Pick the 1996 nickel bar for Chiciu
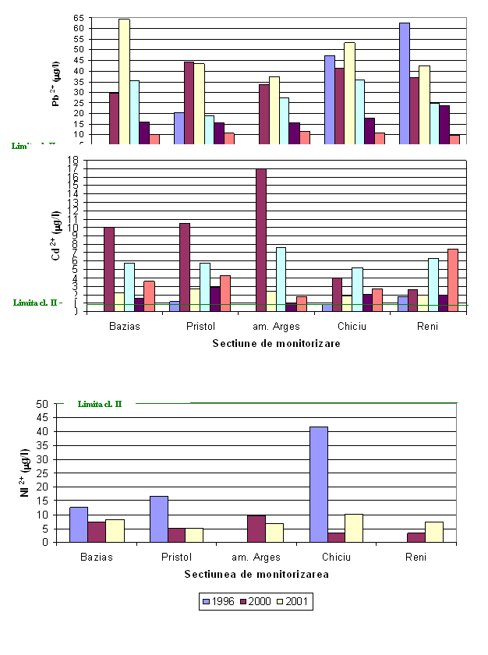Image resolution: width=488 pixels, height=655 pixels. coord(318,484)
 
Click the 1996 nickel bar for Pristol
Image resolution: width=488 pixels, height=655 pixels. coord(158,519)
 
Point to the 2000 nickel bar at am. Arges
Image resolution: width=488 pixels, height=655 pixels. coord(256,529)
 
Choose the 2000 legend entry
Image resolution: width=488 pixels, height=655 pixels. coord(260,602)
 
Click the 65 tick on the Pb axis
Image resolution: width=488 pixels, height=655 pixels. coord(78,17)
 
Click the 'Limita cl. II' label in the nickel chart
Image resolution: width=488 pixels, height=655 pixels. coord(100,404)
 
